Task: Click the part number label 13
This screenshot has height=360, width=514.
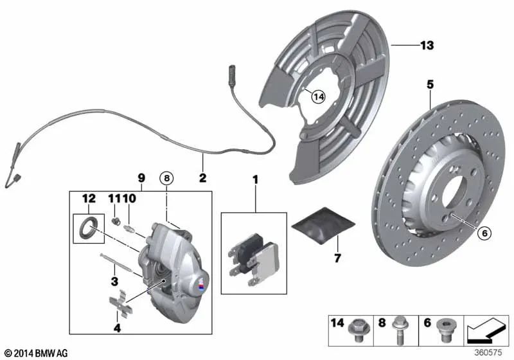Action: coord(427,46)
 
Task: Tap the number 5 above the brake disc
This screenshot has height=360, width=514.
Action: coord(430,84)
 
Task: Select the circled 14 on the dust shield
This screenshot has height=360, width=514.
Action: coord(318,96)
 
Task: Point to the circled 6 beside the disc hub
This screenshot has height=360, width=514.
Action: coord(486,234)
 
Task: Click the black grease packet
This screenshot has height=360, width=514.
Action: coord(323,226)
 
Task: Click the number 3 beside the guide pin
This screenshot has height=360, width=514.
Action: coord(114,280)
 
